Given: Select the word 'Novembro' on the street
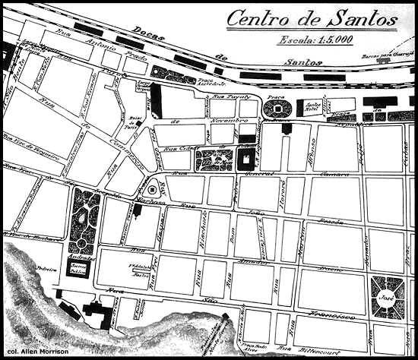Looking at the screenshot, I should tap(231, 122).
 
